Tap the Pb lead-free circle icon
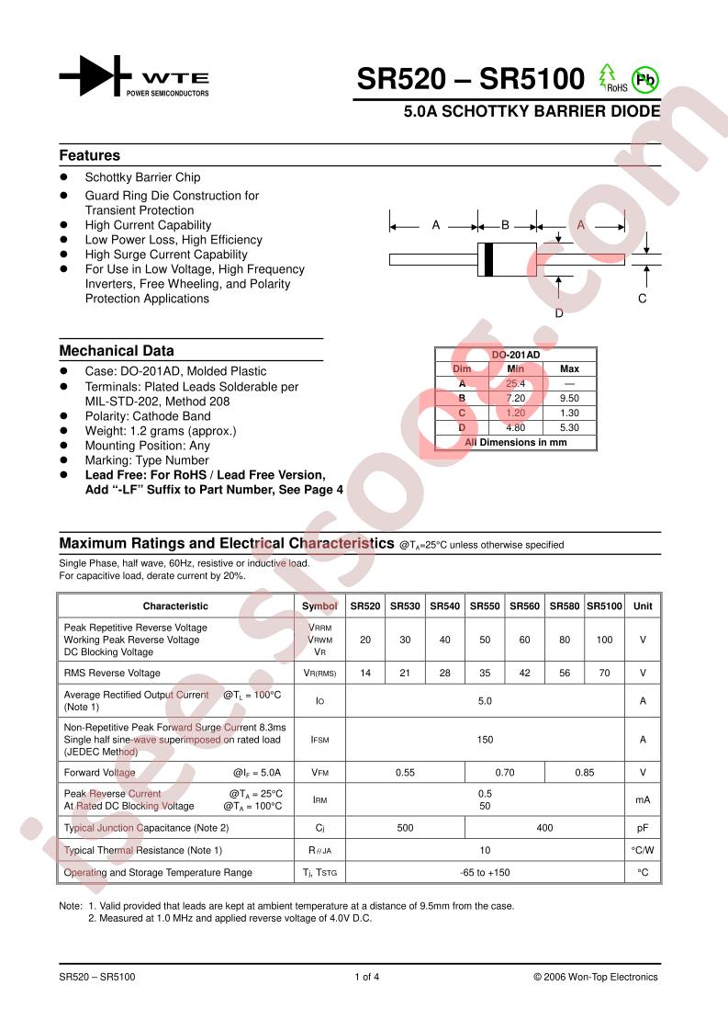coord(645,80)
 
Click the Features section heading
coord(90,155)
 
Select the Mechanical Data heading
coord(117,351)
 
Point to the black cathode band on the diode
coord(488,259)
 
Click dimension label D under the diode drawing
coord(558,312)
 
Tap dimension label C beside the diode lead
coord(642,299)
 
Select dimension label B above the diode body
coord(505,225)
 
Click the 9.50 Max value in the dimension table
coord(569,398)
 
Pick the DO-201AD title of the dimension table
coord(515,354)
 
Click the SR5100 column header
coord(604,606)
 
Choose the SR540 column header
coord(444,606)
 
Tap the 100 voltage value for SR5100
coord(604,640)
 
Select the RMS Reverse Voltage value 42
coord(524,674)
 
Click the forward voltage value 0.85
coord(584,773)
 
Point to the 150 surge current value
coord(485,740)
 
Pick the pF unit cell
coord(643,828)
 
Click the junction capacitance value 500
coord(405,828)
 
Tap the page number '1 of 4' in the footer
coord(366,977)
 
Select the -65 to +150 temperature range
coord(485,872)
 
